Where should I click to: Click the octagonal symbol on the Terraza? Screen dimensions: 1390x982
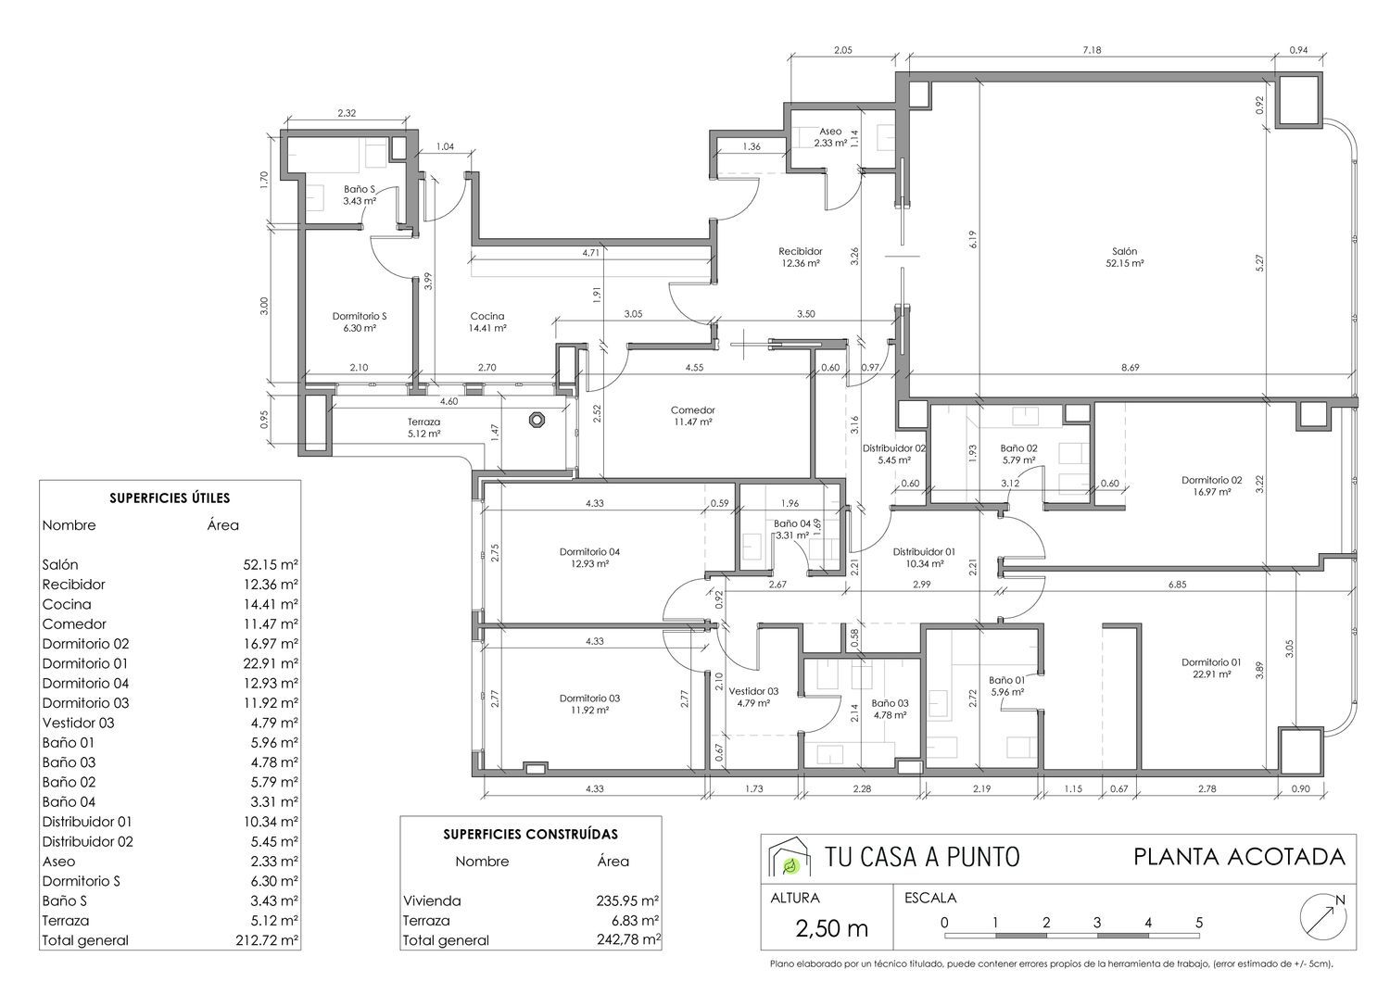pos(537,420)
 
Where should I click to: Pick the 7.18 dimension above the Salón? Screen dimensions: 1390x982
pos(1092,50)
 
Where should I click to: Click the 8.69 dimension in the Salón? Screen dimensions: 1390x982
pos(1130,367)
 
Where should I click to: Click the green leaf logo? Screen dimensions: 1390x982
pos(790,865)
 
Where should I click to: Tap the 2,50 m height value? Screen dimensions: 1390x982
pos(831,928)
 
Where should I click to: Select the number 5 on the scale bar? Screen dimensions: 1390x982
pos(1199,922)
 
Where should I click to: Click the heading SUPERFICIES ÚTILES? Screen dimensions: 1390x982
pos(170,498)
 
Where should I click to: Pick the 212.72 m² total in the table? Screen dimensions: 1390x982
pos(267,940)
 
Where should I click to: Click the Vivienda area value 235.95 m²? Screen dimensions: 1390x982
pos(627,900)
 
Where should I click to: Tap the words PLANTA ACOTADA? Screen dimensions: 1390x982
pos(1239,857)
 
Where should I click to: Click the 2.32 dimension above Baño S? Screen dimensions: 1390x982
pos(347,113)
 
